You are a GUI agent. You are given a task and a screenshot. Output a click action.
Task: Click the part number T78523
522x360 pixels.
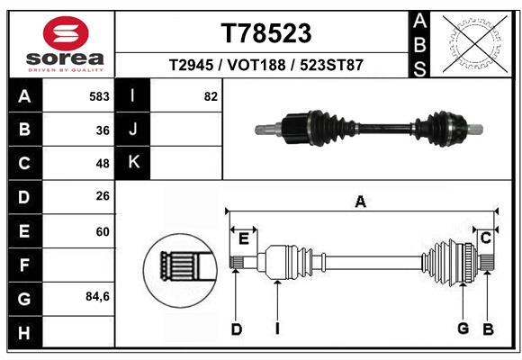[266, 33]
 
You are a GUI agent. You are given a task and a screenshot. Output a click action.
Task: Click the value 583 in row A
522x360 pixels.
[100, 96]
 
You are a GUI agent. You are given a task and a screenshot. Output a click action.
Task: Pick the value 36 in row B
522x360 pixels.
[103, 130]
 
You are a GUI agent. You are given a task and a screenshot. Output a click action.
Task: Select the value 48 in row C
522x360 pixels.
[103, 164]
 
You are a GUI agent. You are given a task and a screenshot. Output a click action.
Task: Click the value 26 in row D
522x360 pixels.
[103, 196]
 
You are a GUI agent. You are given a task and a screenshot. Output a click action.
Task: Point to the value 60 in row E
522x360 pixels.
[103, 231]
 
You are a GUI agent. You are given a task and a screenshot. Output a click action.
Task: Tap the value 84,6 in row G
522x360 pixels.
[97, 296]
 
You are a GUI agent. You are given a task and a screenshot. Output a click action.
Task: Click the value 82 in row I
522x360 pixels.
[211, 96]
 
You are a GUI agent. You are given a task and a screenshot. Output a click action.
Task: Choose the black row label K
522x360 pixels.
[133, 162]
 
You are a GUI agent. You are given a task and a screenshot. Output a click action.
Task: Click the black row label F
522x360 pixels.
[23, 265]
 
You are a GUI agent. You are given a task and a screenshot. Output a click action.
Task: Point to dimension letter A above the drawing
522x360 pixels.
[360, 202]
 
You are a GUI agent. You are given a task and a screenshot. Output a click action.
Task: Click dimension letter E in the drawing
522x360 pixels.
[243, 238]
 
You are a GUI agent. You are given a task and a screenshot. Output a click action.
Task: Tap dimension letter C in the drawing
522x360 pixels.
[485, 238]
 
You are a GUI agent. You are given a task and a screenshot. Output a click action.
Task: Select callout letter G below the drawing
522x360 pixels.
[463, 328]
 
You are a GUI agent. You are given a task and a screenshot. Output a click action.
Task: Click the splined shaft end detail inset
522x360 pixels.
[179, 266]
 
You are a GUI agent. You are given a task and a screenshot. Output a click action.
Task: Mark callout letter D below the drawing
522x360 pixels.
[236, 329]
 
